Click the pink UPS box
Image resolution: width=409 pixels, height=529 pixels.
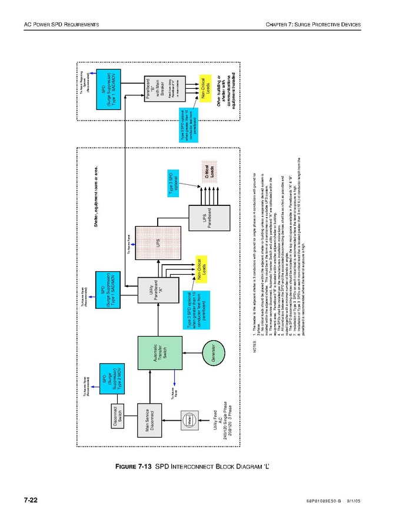158,242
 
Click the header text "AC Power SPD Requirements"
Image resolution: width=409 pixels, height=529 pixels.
61,24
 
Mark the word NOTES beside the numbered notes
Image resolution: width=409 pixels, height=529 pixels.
255,347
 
